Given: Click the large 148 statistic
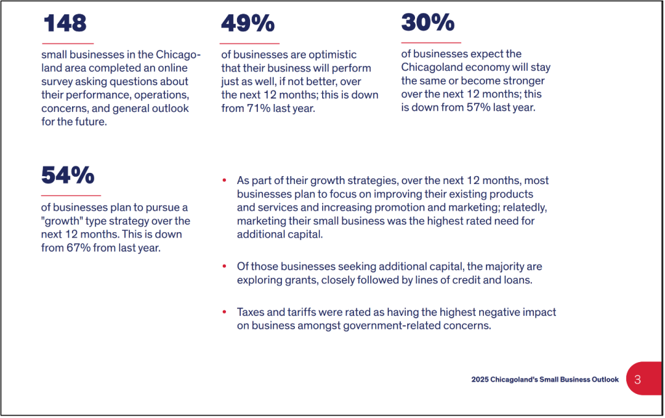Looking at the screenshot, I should (x=65, y=23).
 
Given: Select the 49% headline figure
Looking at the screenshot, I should (x=247, y=23).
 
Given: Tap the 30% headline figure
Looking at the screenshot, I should (x=427, y=22).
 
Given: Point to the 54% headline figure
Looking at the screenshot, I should (x=68, y=175).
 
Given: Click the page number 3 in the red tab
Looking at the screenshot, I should (x=637, y=379).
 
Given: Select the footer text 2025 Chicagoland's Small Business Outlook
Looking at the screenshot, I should (x=545, y=380).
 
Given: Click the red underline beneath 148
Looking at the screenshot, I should (x=68, y=44).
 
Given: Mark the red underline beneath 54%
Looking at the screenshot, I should (x=71, y=195).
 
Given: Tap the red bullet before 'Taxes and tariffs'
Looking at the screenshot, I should (x=224, y=313).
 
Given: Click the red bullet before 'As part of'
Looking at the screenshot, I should (x=224, y=180).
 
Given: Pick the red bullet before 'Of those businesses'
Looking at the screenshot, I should (x=224, y=267).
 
